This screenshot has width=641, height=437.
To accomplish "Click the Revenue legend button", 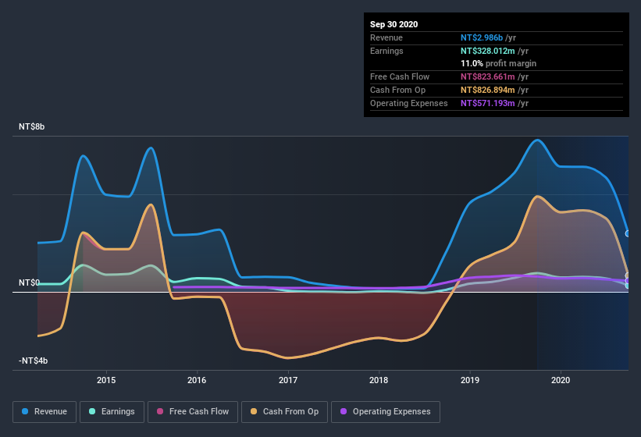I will click(x=45, y=411).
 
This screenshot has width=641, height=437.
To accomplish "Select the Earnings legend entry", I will click(x=112, y=411).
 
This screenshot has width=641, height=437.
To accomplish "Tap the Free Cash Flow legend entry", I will click(x=192, y=411).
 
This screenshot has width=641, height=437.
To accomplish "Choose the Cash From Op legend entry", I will click(x=283, y=411).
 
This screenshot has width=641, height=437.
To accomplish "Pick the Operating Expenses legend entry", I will click(x=385, y=411).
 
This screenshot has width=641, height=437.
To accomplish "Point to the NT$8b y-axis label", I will click(x=32, y=126).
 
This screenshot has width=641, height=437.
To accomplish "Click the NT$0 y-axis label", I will click(x=29, y=282).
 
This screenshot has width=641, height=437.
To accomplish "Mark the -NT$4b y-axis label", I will click(x=34, y=361).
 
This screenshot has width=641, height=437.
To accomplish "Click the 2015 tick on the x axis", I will click(x=106, y=380).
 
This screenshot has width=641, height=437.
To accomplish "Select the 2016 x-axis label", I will click(x=197, y=380).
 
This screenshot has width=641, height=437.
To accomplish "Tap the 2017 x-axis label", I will click(x=288, y=380).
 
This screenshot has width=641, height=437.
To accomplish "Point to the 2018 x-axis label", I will click(x=379, y=380).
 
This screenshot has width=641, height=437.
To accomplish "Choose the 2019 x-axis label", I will click(x=470, y=380).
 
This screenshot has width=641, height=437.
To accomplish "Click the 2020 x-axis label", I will click(x=561, y=380).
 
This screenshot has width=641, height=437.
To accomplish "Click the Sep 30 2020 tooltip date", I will click(x=394, y=24).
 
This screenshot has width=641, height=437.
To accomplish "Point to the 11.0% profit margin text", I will click(x=498, y=63).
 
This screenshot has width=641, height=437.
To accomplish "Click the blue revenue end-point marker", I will click(x=628, y=233).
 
